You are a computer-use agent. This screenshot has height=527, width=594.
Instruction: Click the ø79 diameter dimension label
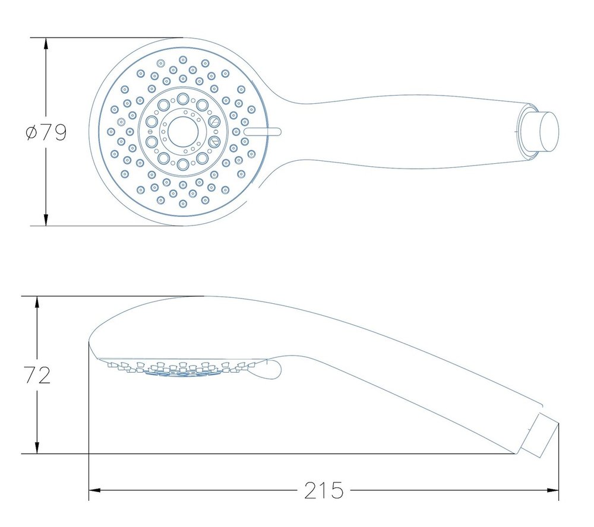[46, 132]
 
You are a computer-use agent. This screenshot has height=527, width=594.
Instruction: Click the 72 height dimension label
[37, 375]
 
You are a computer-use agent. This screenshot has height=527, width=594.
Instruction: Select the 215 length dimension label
[324, 491]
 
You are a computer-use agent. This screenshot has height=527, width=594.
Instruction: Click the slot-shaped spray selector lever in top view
[263, 132]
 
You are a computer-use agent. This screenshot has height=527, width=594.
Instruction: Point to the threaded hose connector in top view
[539, 131]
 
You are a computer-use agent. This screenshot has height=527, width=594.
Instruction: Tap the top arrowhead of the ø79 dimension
[46, 44]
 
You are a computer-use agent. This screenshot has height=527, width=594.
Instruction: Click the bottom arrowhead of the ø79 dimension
[46, 220]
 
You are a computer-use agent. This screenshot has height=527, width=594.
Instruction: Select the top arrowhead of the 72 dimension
[37, 302]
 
